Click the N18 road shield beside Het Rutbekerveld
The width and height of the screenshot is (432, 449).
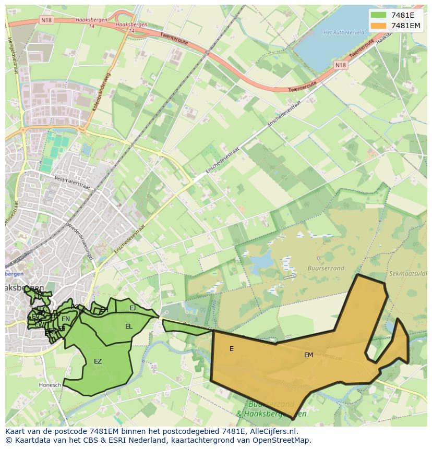point(340,65)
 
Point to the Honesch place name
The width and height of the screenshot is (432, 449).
point(50,385)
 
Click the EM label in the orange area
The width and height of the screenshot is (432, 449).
point(308,355)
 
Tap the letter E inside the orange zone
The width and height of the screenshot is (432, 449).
point(232,349)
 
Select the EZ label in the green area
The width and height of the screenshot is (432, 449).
point(98,361)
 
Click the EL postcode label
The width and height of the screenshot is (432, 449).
point(128,326)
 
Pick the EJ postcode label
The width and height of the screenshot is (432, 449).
point(133,308)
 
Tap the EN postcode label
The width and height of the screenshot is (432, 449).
point(66,319)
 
